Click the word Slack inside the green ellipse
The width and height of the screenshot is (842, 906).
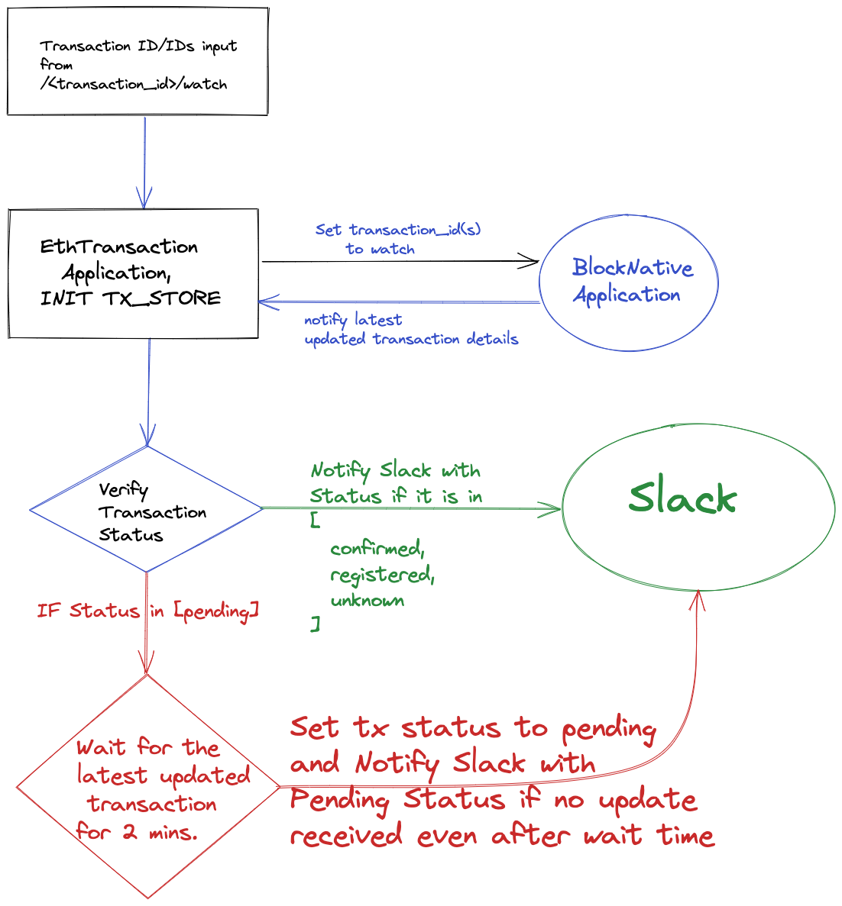(x=682, y=498)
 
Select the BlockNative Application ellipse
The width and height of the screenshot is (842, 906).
(x=628, y=282)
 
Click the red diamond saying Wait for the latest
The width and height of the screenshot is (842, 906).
(x=148, y=786)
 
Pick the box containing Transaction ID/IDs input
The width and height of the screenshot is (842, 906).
(x=138, y=62)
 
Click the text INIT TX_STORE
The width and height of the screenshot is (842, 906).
(x=131, y=298)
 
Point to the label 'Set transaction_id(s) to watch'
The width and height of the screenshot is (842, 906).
(x=397, y=239)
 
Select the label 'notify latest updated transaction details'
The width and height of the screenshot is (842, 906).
(x=410, y=330)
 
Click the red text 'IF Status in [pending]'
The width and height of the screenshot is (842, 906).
(x=148, y=611)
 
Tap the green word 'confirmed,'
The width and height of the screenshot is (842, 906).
(x=377, y=549)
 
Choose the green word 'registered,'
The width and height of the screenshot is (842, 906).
(x=382, y=575)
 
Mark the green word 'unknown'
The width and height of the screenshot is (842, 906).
(x=368, y=601)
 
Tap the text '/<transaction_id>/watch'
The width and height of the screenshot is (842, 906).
(x=134, y=84)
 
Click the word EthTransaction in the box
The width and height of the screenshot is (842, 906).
(x=119, y=247)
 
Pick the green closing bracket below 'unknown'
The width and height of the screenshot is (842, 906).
(x=315, y=624)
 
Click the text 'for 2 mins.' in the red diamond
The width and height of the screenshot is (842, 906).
(x=137, y=832)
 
